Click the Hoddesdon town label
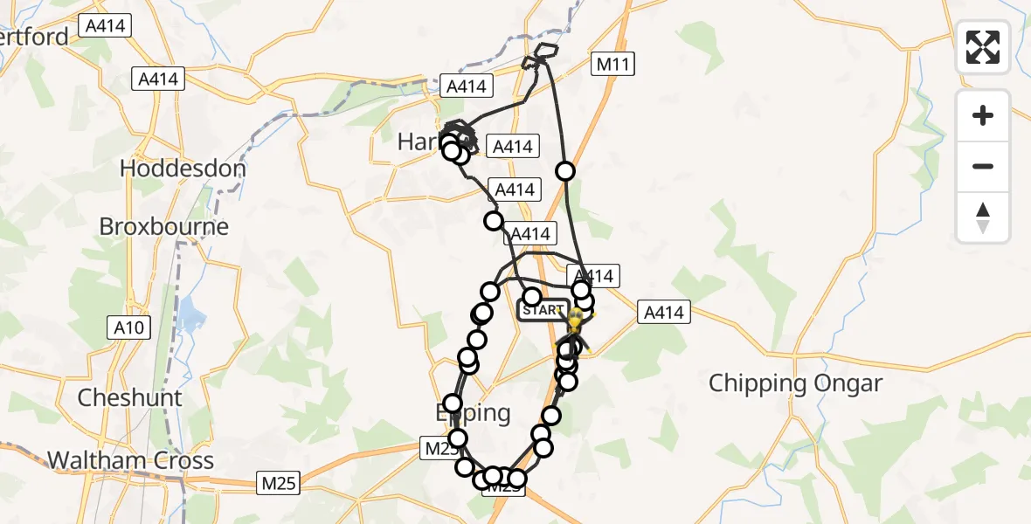point(183,168)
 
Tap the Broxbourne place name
point(163,226)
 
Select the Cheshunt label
point(130,397)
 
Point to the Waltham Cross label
point(130,460)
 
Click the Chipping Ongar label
point(795,383)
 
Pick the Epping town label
point(473,412)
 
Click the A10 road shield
point(130,327)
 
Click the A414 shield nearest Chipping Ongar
point(664,312)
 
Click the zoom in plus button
point(983,115)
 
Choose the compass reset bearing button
point(983,217)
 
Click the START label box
point(543,310)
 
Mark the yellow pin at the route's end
point(575,320)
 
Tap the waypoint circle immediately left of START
point(531,297)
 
